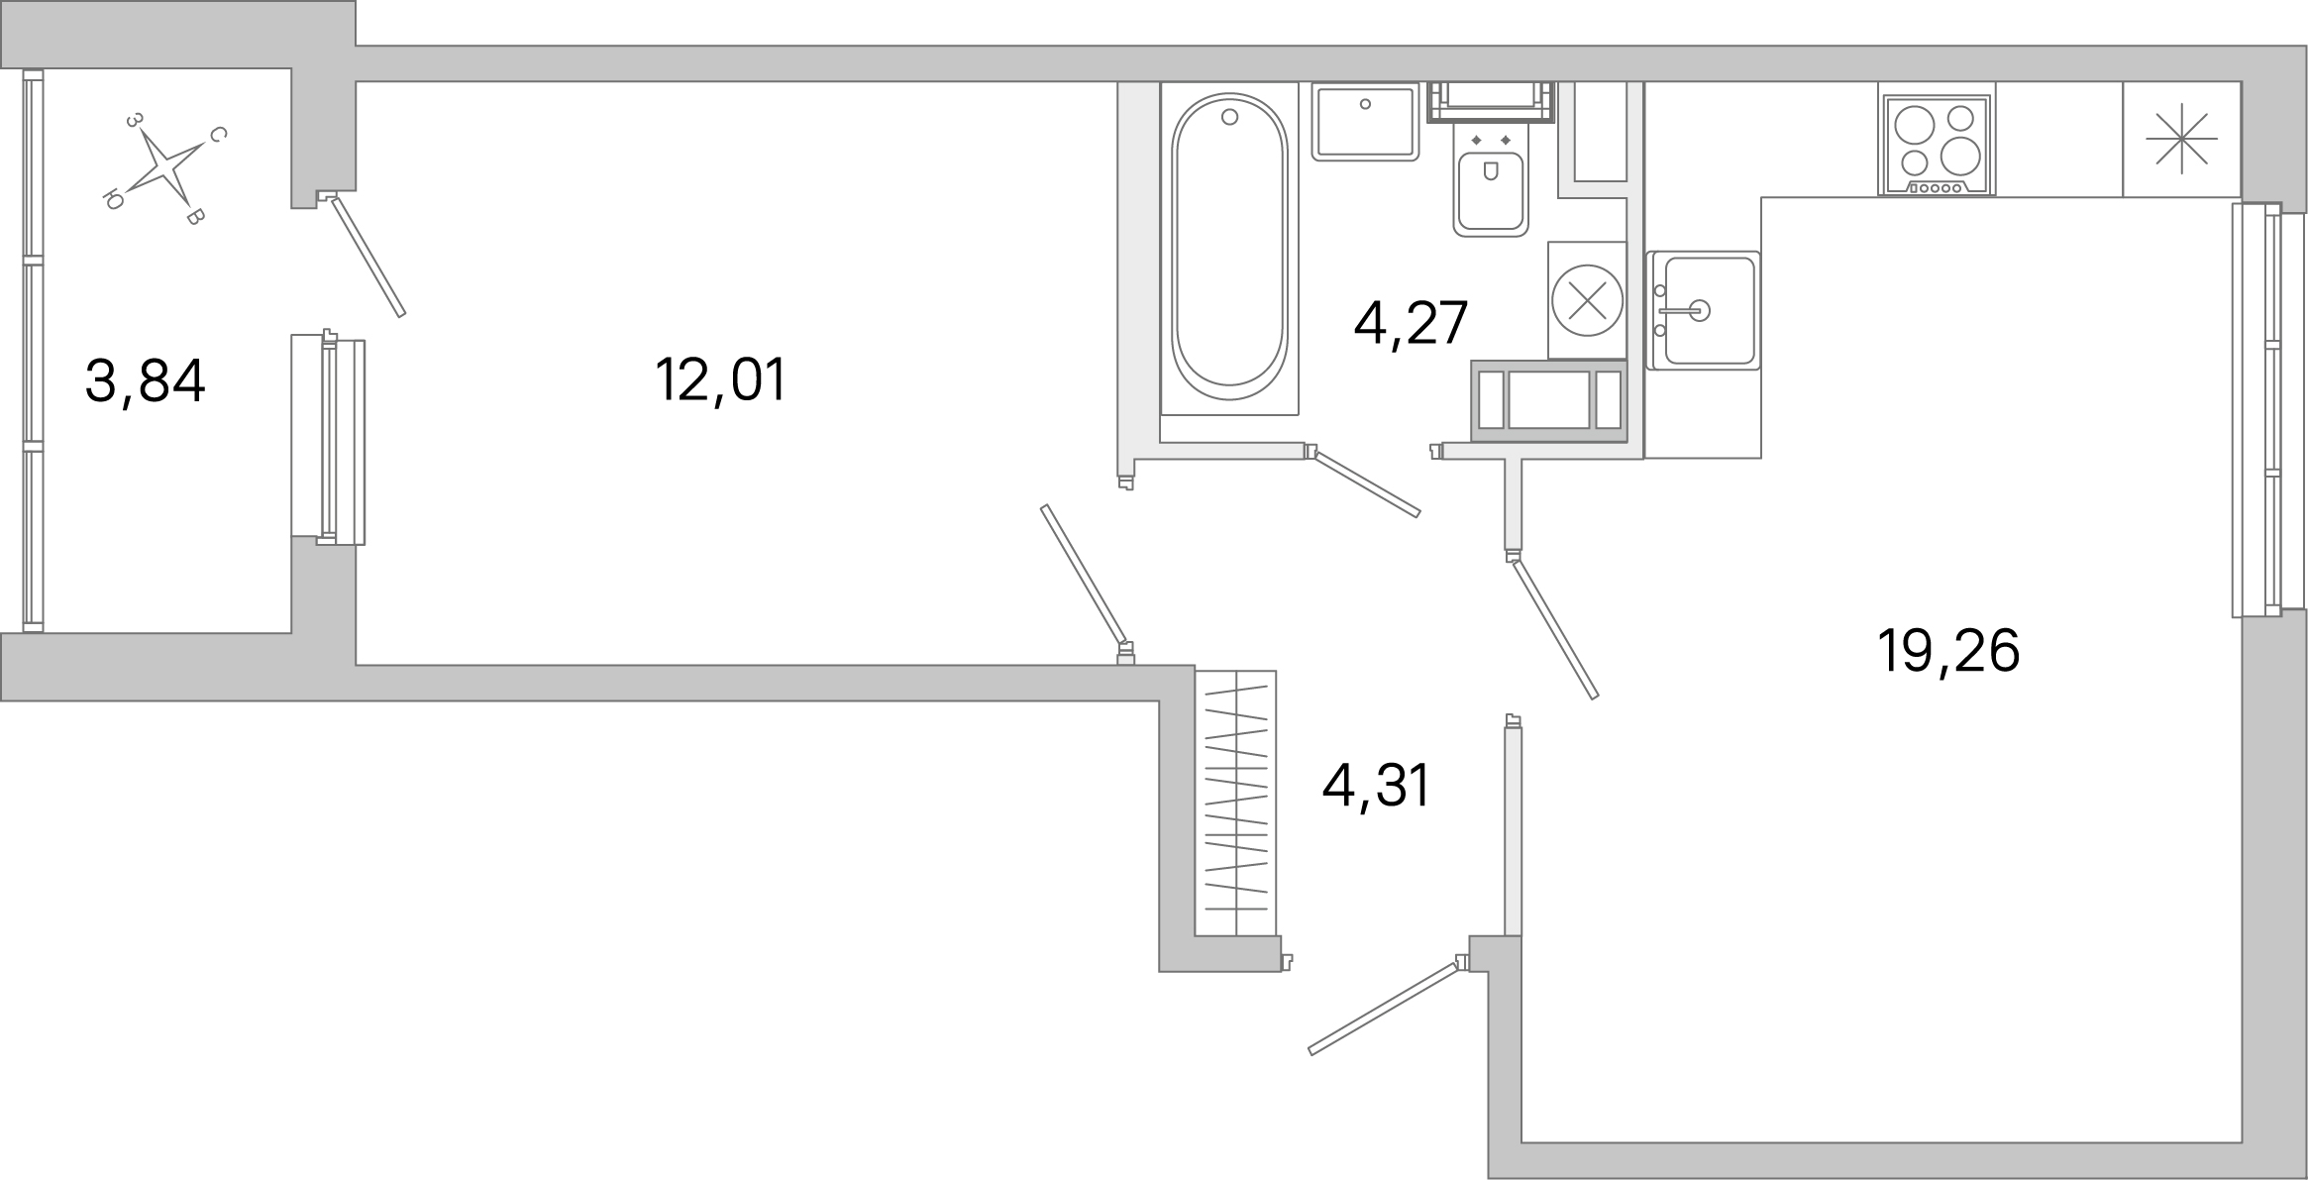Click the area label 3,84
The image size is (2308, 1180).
[x=146, y=382]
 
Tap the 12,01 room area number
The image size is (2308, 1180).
[x=720, y=380]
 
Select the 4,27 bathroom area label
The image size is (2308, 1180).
[x=1410, y=323]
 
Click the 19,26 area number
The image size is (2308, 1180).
[x=1947, y=652]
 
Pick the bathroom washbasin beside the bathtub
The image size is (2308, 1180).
[x=1365, y=121]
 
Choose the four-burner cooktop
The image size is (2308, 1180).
[x=1936, y=146]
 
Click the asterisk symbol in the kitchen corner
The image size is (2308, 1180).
[x=2180, y=140]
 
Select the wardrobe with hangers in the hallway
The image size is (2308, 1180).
[x=1235, y=803]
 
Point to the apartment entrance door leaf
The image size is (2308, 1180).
[x=1384, y=1008]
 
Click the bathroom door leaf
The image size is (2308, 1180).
[x=1366, y=484]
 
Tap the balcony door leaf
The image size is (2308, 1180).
[x=368, y=257]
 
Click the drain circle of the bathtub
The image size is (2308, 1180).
[x=1229, y=117]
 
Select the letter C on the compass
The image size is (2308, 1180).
[x=219, y=135]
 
